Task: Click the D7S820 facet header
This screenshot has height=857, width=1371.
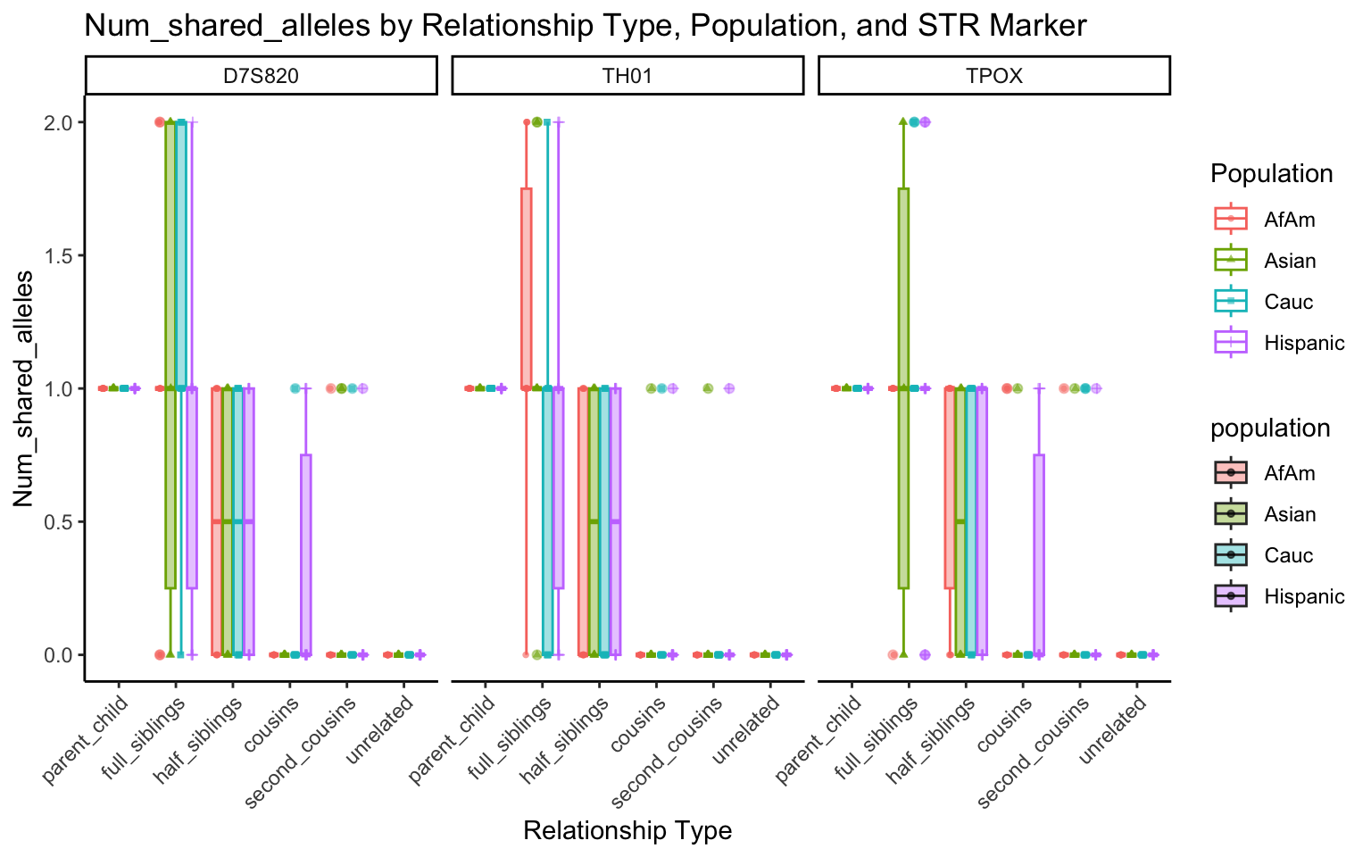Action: [261, 76]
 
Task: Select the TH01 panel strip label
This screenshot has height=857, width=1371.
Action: [627, 76]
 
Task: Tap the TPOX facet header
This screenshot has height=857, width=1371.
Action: [994, 76]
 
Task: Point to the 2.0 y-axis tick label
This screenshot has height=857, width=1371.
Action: [55, 122]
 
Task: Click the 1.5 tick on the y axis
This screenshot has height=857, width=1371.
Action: [55, 255]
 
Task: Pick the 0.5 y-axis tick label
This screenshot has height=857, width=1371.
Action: [55, 521]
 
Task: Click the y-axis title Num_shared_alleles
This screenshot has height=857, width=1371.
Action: [24, 388]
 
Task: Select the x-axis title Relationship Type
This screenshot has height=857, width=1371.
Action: [627, 831]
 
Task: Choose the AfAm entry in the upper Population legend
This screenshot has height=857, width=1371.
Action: [1289, 219]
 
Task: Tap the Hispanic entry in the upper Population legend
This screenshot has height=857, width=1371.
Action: [1304, 343]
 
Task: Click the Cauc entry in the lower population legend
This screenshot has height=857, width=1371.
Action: [1289, 555]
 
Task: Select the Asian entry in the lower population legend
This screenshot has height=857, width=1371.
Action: [1290, 514]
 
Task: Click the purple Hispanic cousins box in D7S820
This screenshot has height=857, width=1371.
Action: [306, 553]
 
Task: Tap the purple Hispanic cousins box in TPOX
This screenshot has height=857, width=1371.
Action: [1039, 553]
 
